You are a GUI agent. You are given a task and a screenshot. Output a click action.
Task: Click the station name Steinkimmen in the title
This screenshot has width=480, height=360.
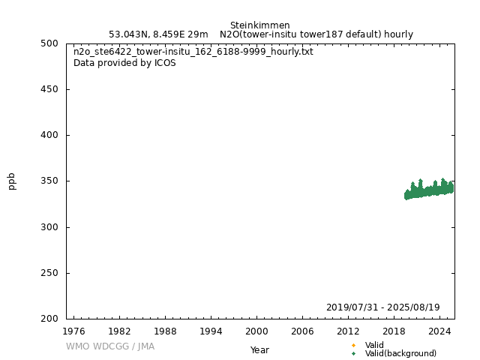point(259,25)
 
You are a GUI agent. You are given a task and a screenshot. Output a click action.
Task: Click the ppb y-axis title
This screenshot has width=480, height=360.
point(12,181)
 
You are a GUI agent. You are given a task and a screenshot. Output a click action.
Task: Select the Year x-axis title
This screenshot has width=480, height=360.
point(259,350)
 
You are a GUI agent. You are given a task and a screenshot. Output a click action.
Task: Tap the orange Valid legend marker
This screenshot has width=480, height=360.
point(353,346)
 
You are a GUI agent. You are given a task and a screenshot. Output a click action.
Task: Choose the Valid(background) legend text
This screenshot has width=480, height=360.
point(400,354)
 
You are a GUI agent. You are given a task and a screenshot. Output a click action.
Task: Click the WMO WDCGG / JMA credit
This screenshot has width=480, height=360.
point(110,346)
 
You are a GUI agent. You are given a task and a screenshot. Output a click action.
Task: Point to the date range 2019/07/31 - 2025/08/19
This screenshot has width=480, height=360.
point(382,307)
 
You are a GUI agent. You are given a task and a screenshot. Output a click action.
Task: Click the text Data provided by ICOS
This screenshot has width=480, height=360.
point(124,63)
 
